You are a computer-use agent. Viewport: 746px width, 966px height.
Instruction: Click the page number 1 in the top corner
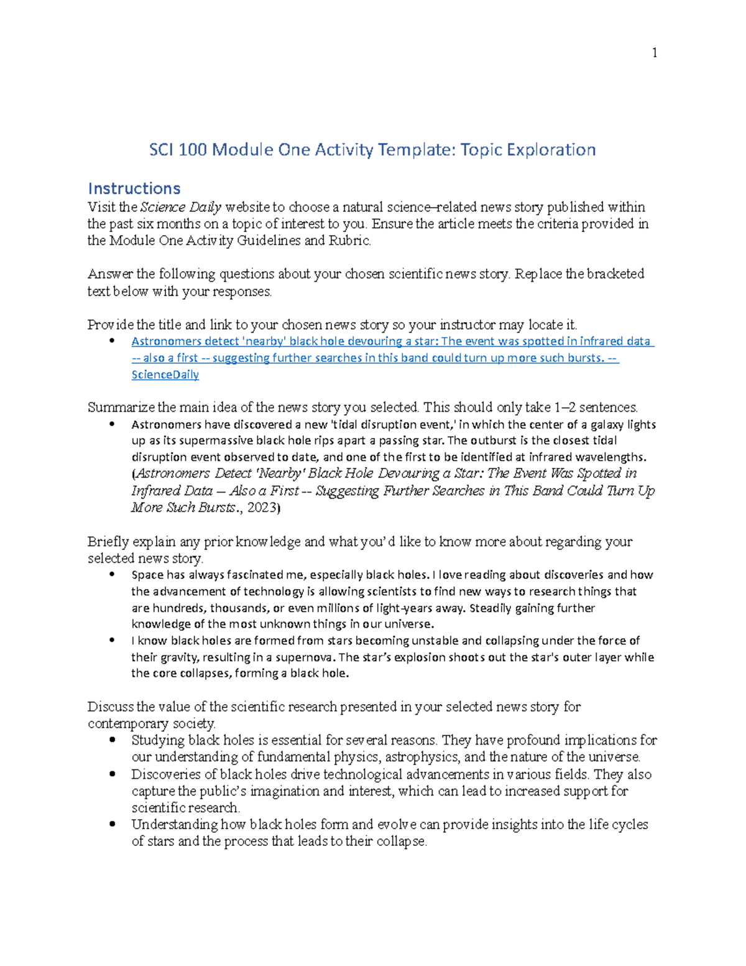point(655,53)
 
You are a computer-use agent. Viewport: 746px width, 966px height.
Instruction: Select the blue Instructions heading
point(134,188)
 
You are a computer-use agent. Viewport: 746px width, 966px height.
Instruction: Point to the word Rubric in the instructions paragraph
point(354,241)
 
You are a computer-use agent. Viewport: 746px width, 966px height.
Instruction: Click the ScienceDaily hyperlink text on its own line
point(165,374)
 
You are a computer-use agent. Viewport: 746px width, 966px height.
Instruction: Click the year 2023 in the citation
point(261,508)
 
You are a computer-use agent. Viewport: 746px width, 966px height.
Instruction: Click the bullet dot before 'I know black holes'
point(113,640)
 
